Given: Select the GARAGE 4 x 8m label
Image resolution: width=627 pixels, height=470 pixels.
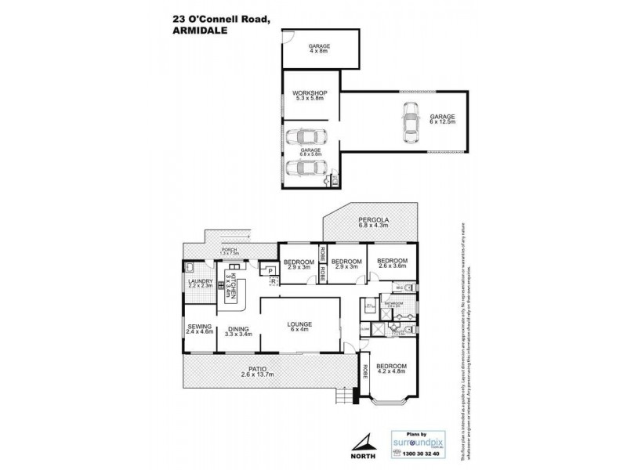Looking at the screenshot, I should tap(318, 47).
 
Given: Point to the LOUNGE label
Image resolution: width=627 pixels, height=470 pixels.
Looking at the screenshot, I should tap(299, 324).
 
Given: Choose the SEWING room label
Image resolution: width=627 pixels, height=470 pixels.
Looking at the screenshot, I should tap(197, 330).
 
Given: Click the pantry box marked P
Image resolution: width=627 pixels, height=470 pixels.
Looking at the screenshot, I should tap(270, 271).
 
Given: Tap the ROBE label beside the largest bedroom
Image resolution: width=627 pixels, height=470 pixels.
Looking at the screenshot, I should tap(364, 374).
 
